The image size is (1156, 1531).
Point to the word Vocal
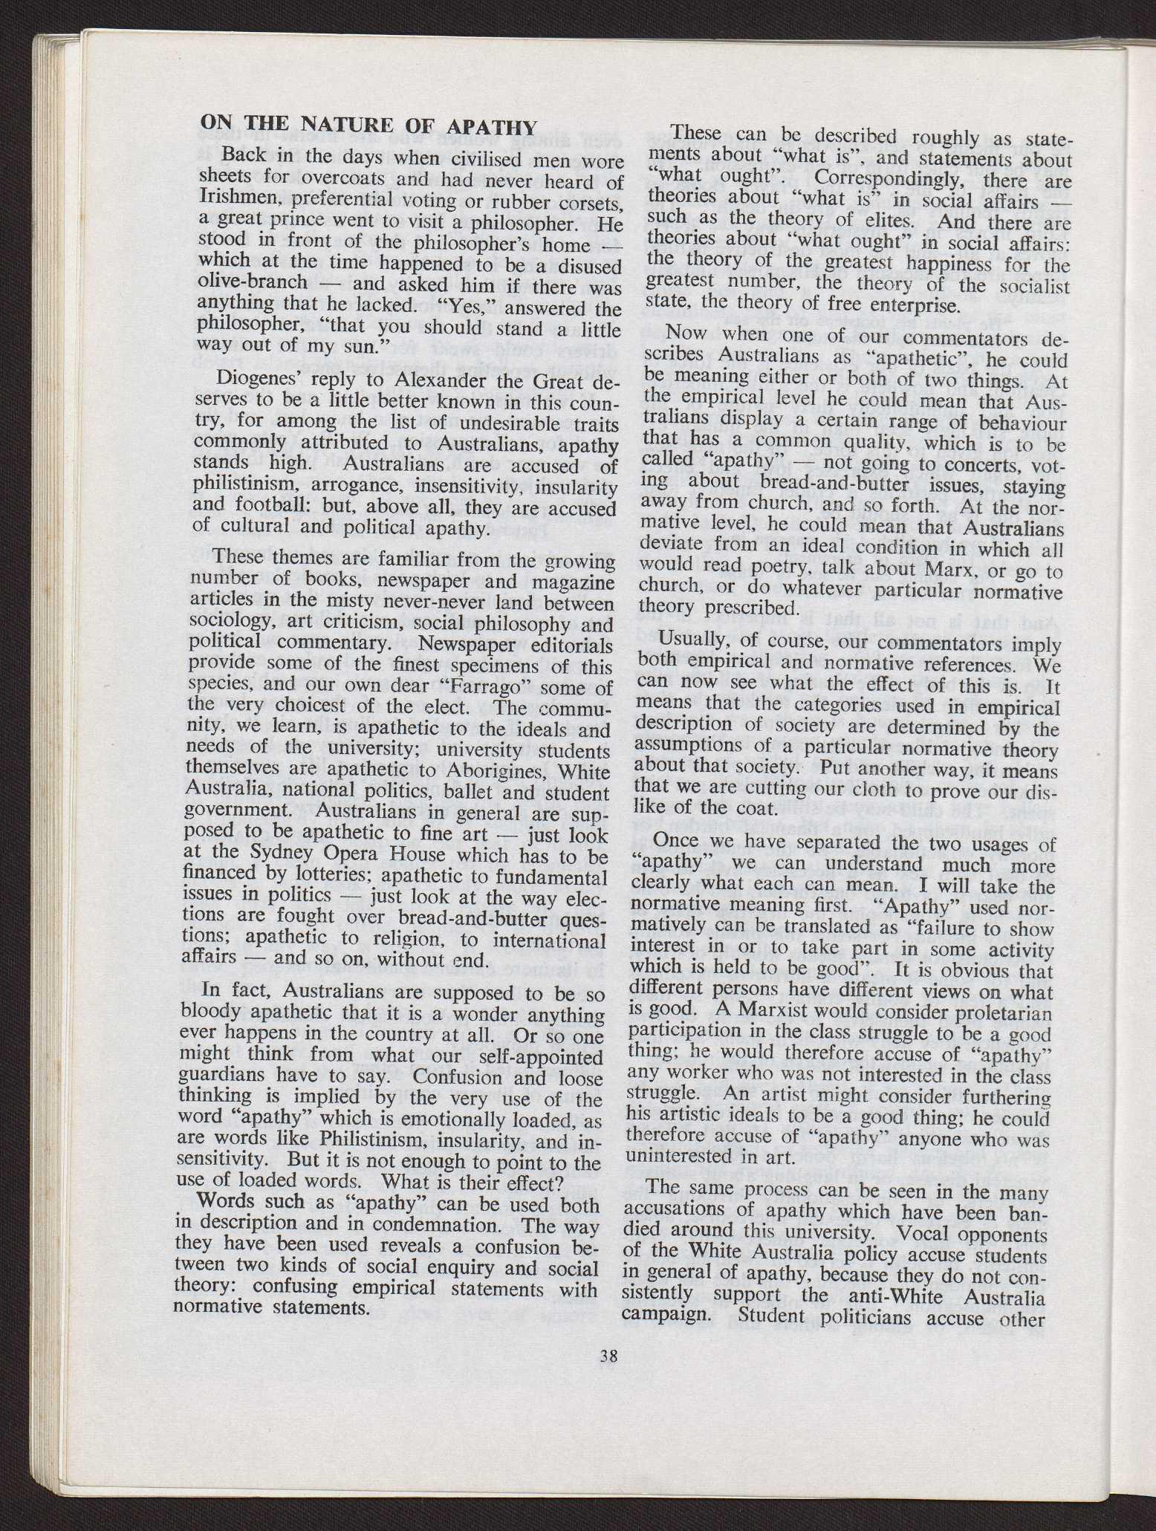[920, 1234]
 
